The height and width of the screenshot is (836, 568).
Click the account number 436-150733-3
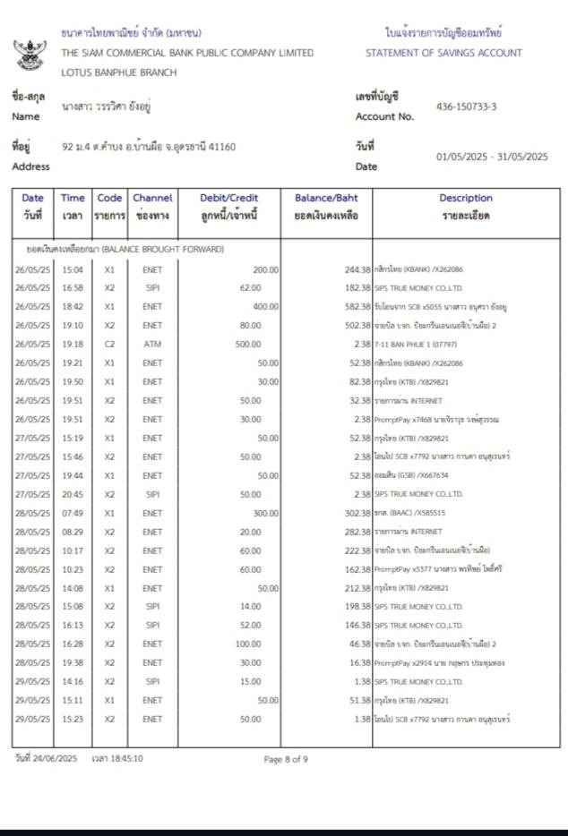click(466, 107)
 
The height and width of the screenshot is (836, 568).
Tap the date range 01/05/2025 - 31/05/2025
click(492, 157)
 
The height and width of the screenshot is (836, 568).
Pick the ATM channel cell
click(152, 344)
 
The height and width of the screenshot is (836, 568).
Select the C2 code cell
click(109, 344)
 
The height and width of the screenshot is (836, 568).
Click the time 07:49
click(73, 514)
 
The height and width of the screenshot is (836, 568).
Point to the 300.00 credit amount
click(264, 514)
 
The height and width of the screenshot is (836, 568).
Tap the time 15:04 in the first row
click(73, 269)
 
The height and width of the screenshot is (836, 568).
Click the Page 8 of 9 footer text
click(286, 759)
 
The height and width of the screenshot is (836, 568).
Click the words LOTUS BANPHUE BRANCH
click(118, 73)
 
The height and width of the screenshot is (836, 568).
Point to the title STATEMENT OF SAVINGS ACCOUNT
click(443, 53)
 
